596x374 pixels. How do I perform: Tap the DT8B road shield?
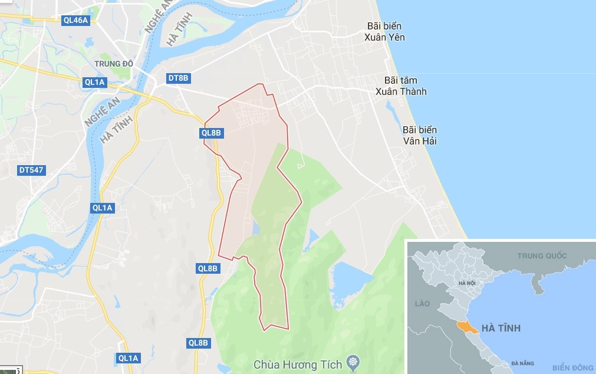pyautogui.click(x=178, y=78)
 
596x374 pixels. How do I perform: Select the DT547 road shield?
pyautogui.click(x=31, y=170)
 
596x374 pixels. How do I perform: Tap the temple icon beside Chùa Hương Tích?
pyautogui.click(x=353, y=361)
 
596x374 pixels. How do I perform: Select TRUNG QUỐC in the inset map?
pyautogui.click(x=542, y=255)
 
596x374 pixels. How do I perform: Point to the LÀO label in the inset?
pyautogui.click(x=423, y=303)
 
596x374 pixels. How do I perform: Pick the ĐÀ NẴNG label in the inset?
pyautogui.click(x=523, y=363)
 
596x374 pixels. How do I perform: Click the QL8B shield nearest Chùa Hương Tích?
pyautogui.click(x=199, y=343)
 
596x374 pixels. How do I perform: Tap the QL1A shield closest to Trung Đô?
pyautogui.click(x=94, y=83)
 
